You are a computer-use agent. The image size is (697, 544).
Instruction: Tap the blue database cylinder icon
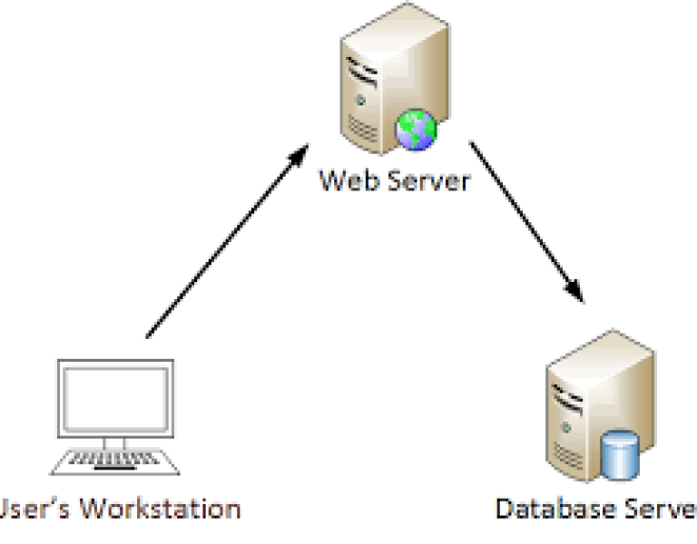(622, 455)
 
